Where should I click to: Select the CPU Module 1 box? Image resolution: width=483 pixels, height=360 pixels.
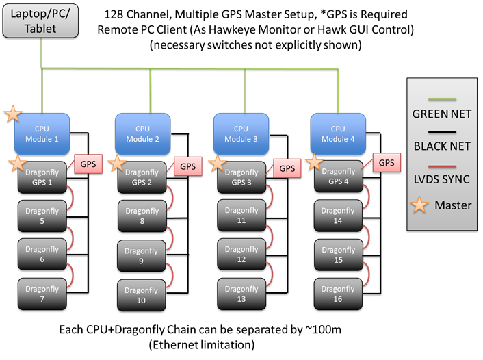(42, 133)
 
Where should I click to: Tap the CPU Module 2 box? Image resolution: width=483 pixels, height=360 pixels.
(142, 133)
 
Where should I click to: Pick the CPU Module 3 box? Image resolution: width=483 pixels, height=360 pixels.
(241, 133)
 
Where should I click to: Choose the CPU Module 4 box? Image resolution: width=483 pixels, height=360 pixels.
(338, 133)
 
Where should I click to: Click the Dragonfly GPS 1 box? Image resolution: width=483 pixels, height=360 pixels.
(42, 177)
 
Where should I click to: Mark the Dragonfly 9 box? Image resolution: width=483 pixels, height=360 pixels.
(142, 255)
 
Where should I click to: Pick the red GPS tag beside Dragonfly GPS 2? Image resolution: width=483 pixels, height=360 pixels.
(187, 166)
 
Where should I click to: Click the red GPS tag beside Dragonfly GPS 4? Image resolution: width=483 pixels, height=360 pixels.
(387, 163)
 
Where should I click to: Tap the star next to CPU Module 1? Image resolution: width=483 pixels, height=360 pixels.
(12, 114)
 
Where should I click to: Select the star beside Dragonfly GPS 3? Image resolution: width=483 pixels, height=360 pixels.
(218, 163)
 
